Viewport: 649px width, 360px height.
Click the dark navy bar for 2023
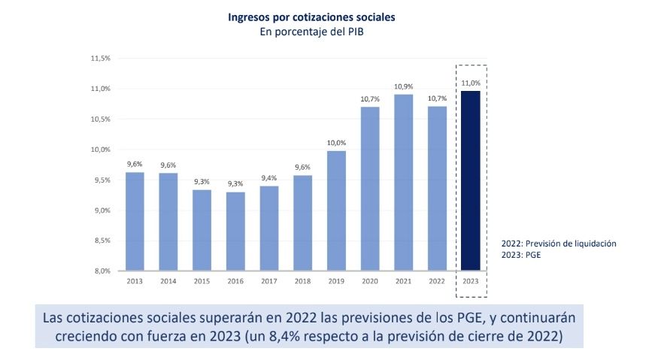click(x=470, y=180)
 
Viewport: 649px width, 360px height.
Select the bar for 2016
click(x=235, y=231)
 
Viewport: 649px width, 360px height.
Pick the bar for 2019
click(x=336, y=210)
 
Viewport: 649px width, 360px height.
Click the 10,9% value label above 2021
click(x=403, y=86)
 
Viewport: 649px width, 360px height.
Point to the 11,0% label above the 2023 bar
click(x=470, y=83)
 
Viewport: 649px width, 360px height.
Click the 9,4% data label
click(x=269, y=178)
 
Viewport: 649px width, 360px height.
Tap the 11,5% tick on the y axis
click(x=101, y=58)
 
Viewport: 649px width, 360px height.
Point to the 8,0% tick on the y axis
click(x=102, y=271)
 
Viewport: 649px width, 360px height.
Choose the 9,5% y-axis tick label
click(x=102, y=180)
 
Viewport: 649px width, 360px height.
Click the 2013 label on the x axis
click(x=135, y=282)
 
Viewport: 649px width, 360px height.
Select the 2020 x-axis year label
click(x=369, y=282)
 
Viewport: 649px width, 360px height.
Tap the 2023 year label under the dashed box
click(x=470, y=282)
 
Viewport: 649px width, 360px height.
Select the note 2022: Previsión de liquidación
click(x=559, y=244)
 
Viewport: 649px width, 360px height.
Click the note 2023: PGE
click(x=523, y=255)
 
